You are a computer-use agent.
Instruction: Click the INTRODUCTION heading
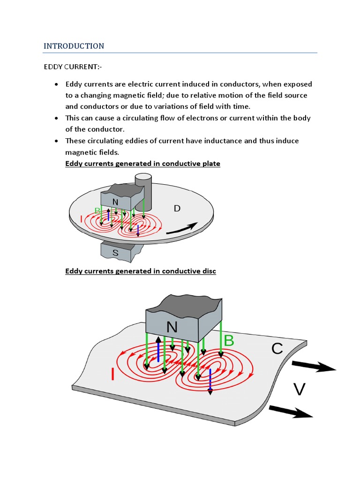[x=74, y=46]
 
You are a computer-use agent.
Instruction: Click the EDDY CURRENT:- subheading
[x=72, y=67]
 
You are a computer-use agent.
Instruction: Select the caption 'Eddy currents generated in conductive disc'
[x=141, y=271]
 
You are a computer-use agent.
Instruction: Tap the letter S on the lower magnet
[x=115, y=252]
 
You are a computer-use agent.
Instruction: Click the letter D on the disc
[x=177, y=208]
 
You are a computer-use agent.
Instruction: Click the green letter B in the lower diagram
[x=228, y=341]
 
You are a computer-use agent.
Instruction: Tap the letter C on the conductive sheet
[x=277, y=348]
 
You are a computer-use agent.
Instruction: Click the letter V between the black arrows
[x=300, y=389]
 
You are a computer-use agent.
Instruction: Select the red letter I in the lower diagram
[x=112, y=374]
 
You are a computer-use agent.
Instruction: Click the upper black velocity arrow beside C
[x=313, y=367]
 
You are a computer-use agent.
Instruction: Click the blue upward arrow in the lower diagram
[x=158, y=349]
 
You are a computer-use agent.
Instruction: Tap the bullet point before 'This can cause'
[x=56, y=118]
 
